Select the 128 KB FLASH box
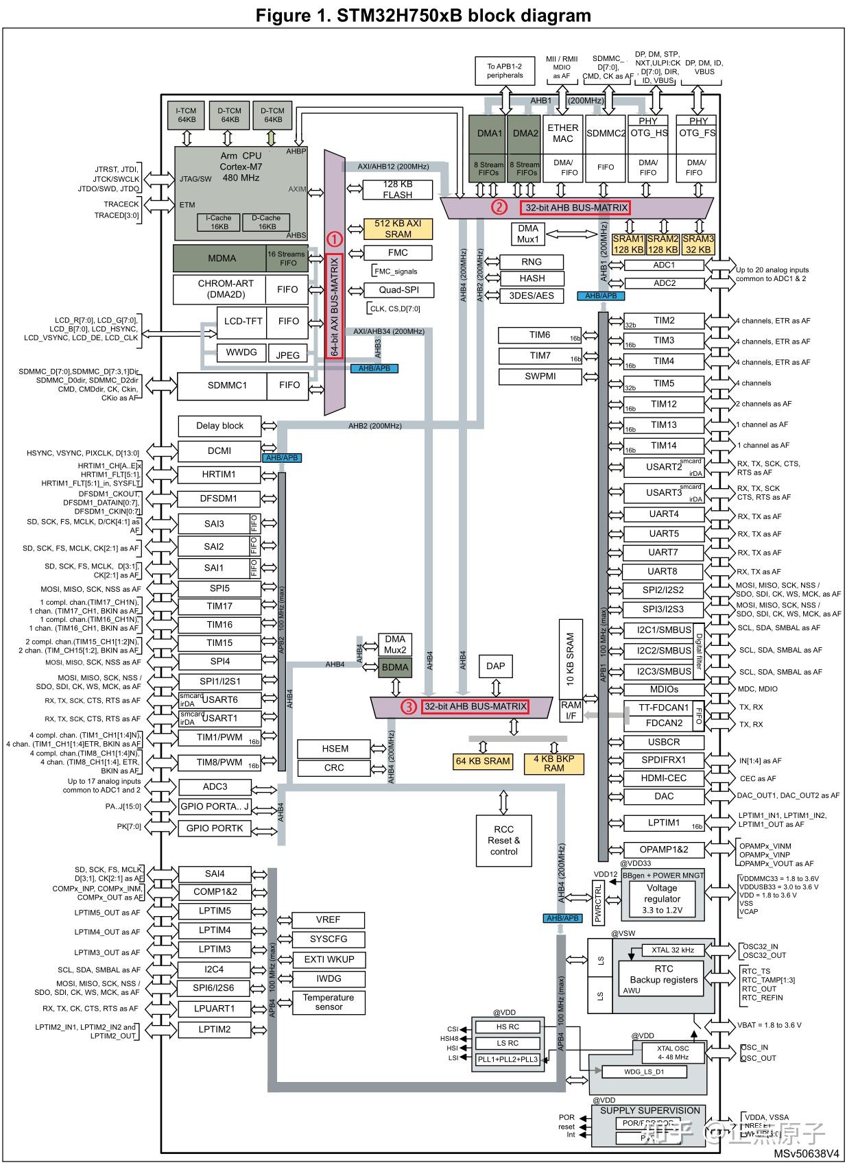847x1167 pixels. tap(397, 189)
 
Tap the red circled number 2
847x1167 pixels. tap(500, 207)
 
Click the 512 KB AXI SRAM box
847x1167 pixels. tap(398, 228)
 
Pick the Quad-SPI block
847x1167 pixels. tap(398, 290)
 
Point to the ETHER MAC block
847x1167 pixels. tap(562, 133)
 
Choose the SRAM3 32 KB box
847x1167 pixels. tap(698, 244)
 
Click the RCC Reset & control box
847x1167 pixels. tap(503, 840)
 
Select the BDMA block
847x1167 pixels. tap(395, 667)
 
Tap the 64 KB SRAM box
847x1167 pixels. tap(483, 761)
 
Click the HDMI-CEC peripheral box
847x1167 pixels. tap(663, 778)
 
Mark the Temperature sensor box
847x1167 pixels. tap(329, 1002)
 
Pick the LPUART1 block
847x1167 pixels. tap(215, 1009)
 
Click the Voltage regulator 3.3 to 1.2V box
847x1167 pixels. tap(662, 899)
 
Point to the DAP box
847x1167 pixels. tap(495, 666)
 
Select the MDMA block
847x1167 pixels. tap(222, 258)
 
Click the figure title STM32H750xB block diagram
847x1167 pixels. tap(423, 15)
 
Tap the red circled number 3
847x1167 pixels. tap(408, 707)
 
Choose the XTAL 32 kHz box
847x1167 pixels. tap(673, 950)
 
